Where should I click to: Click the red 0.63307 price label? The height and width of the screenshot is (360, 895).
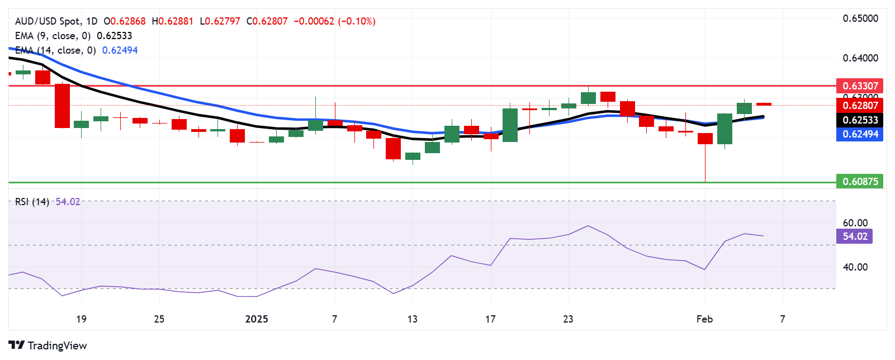(x=860, y=86)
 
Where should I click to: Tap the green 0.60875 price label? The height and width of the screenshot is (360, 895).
(x=860, y=181)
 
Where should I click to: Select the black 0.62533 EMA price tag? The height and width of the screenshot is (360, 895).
(x=860, y=120)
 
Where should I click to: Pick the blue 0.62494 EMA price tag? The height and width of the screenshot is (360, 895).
(x=860, y=134)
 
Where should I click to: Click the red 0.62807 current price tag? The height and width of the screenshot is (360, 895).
(x=860, y=105)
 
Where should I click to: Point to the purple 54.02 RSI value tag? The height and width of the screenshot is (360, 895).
(x=855, y=236)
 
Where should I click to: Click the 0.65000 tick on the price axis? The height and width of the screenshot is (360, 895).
(x=860, y=18)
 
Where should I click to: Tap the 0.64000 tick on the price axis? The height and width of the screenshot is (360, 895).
(x=860, y=58)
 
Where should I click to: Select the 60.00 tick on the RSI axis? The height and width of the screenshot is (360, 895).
(x=855, y=223)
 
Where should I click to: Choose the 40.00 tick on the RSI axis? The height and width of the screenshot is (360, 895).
(x=855, y=267)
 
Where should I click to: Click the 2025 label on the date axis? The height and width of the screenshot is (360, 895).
(x=257, y=319)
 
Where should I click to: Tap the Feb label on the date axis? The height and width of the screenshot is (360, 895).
(x=704, y=319)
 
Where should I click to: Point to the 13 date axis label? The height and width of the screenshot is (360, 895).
(x=412, y=319)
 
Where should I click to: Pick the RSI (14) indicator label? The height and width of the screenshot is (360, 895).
(x=32, y=202)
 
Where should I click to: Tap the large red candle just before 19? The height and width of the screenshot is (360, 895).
(x=62, y=106)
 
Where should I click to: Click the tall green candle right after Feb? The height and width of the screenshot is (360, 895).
(x=724, y=129)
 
